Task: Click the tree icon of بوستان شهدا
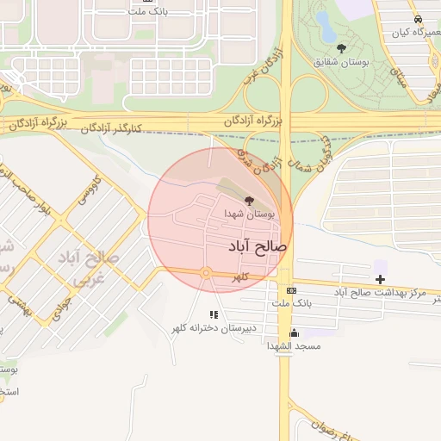click(250, 200)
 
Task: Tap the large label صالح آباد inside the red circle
click(252, 246)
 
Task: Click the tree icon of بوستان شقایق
click(341, 48)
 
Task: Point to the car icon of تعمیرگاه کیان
click(417, 19)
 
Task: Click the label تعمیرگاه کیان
click(411, 33)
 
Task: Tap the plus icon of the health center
click(381, 279)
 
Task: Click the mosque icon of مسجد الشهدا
click(295, 332)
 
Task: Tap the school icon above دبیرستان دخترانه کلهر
click(214, 315)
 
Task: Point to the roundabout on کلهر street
click(206, 273)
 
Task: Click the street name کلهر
click(240, 277)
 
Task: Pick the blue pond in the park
click(325, 24)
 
